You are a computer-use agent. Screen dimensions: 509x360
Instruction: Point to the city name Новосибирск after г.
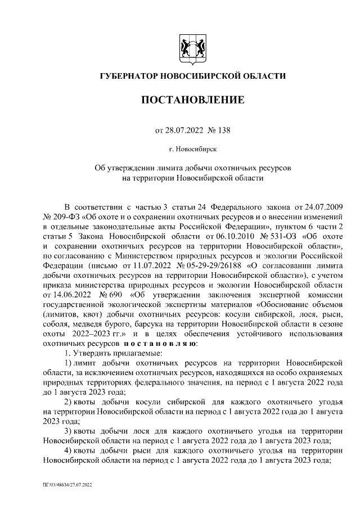[198, 149]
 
